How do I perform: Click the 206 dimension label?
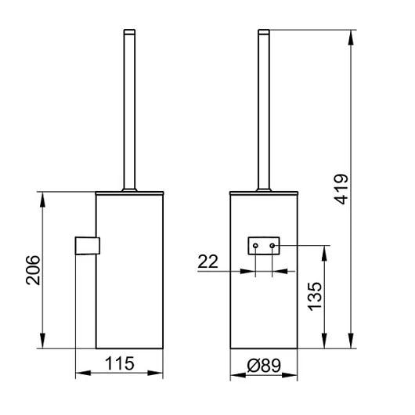[34, 270]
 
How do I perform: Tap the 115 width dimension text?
[120, 363]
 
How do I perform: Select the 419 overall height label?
[341, 189]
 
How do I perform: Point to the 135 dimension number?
[315, 297]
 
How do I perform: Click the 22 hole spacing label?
[207, 262]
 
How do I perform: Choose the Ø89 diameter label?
[264, 366]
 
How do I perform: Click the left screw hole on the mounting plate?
[255, 246]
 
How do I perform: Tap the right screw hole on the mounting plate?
[272, 246]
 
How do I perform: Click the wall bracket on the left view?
[88, 246]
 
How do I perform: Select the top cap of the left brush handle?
[129, 32]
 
